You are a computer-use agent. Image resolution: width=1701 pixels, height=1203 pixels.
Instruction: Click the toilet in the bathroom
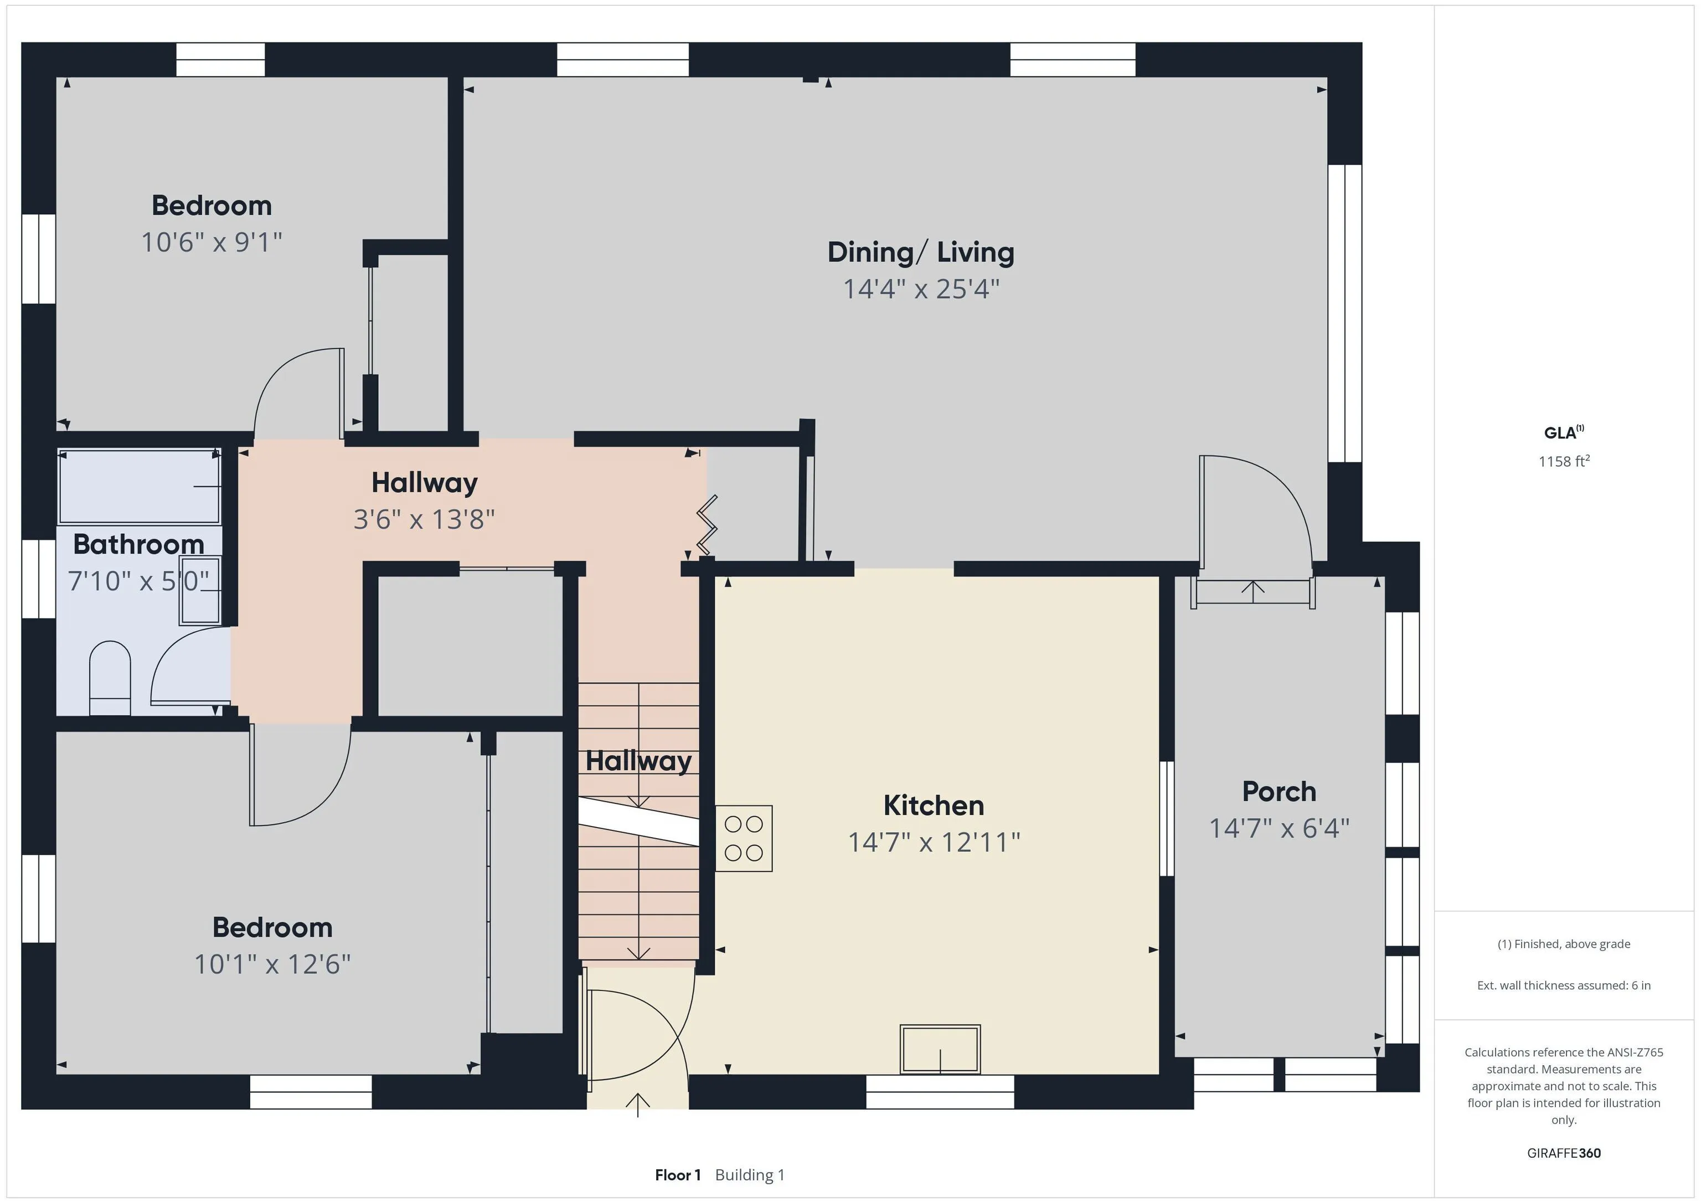pos(110,678)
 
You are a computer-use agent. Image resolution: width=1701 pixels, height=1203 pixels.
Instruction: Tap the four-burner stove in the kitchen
pos(744,838)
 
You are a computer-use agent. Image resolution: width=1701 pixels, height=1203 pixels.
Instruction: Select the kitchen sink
pos(940,1049)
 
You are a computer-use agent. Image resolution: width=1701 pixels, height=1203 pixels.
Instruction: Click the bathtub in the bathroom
pos(140,486)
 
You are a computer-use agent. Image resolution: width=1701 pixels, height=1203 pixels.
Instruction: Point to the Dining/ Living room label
pos(921,252)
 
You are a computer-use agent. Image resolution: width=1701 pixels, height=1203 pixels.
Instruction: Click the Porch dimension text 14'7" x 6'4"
pos(1280,828)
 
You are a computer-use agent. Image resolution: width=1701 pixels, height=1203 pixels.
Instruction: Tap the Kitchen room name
pos(934,805)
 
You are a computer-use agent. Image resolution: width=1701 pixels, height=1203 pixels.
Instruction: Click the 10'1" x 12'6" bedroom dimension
pos(272,964)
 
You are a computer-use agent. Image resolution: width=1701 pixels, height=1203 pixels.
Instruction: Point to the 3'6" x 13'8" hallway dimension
pos(424,519)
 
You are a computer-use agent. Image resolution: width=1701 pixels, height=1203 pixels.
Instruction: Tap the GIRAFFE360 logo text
pos(1564,1153)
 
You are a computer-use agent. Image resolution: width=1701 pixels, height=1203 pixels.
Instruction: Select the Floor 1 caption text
pos(678,1175)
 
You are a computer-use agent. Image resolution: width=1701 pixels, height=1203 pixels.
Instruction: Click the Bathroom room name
pos(138,544)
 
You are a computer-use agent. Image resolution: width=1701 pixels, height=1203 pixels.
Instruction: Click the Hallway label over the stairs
pos(638,761)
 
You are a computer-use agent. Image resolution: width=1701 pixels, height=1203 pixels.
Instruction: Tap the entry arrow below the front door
pos(638,1104)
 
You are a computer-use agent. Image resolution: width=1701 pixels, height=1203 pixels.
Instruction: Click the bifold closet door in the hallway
pos(707,524)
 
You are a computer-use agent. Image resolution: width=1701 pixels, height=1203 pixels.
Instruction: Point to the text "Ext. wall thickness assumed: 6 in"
pos(1564,985)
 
